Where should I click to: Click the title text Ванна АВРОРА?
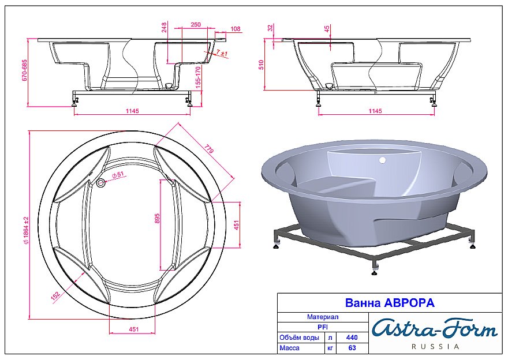(x=389, y=302)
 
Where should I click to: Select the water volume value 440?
(x=351, y=337)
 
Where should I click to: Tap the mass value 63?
(x=351, y=348)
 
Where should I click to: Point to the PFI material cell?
(x=323, y=327)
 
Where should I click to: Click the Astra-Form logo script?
(x=434, y=329)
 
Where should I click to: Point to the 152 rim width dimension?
(x=55, y=295)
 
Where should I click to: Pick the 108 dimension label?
(x=235, y=28)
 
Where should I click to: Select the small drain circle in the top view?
(x=102, y=183)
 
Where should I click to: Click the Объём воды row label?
(x=299, y=337)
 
